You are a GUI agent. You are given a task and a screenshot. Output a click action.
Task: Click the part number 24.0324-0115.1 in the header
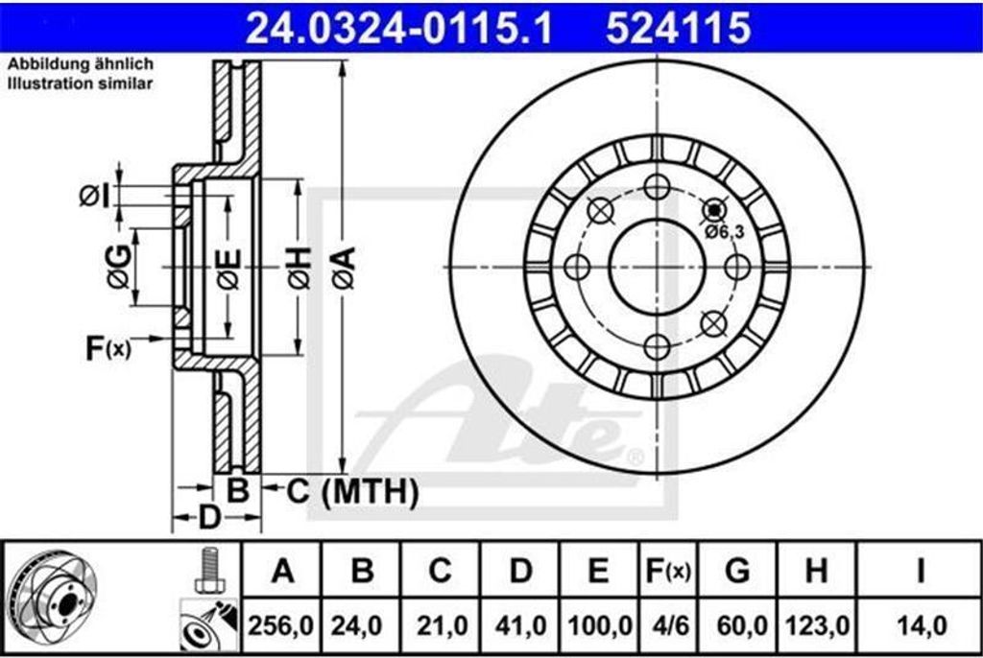click(398, 28)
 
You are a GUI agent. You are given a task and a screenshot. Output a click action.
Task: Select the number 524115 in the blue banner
click(678, 28)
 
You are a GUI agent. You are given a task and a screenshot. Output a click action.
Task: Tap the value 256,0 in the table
click(281, 625)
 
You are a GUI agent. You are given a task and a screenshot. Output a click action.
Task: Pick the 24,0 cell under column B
click(357, 625)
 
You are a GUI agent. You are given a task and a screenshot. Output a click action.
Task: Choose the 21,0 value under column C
click(442, 625)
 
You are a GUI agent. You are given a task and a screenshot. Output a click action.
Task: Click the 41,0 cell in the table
click(520, 625)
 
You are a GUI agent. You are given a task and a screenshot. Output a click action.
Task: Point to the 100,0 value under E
click(599, 625)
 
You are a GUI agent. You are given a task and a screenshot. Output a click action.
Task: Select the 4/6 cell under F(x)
click(669, 625)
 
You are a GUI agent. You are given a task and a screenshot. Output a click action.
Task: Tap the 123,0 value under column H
click(817, 625)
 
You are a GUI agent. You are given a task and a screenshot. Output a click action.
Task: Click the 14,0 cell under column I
click(922, 625)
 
